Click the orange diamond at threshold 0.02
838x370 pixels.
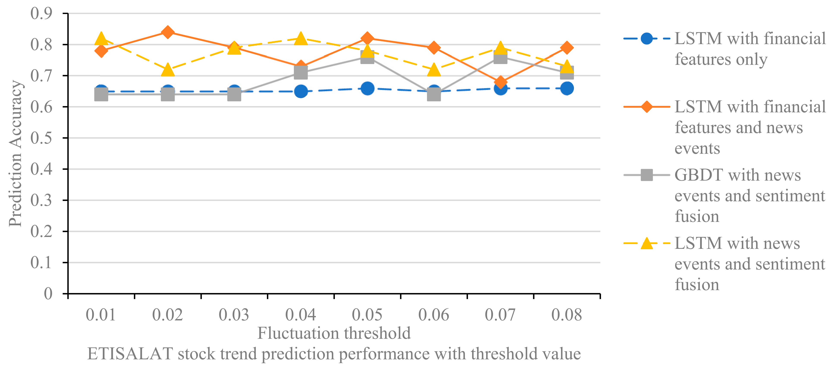(167, 32)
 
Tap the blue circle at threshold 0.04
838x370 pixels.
(301, 91)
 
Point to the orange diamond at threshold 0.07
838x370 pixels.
(500, 82)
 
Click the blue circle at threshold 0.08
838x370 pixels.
(567, 88)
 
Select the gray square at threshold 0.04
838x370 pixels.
(301, 72)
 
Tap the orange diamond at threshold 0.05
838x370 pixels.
(367, 38)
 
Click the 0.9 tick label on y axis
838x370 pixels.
(41, 14)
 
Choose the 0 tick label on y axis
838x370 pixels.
(48, 294)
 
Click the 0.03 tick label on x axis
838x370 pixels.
(234, 315)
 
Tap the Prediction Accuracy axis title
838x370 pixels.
(15, 154)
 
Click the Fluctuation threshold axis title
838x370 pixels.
(334, 333)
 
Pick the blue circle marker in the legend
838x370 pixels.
(647, 39)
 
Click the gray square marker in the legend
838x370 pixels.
(647, 175)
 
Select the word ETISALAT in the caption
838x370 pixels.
(130, 354)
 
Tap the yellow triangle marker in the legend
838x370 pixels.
(647, 243)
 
